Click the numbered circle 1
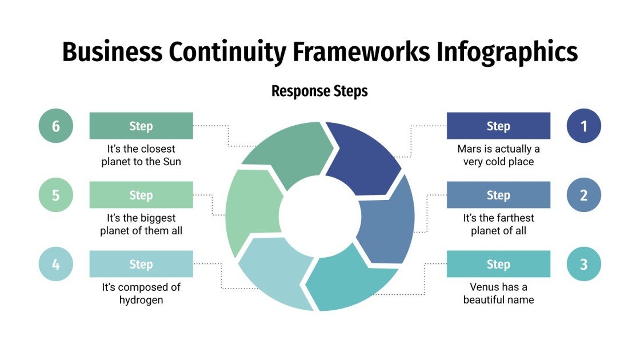(x=583, y=126)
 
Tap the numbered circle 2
(x=583, y=195)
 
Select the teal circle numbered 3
(x=583, y=264)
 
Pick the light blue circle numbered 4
(x=56, y=264)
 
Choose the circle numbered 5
(x=56, y=195)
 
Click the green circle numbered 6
(x=56, y=126)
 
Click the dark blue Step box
(x=498, y=126)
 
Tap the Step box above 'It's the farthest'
(x=498, y=195)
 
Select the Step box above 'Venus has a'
(x=498, y=264)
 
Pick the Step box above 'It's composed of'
(x=141, y=264)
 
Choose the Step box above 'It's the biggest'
(x=141, y=195)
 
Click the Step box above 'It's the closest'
(x=141, y=126)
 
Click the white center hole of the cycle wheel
(x=318, y=215)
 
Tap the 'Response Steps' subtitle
(x=319, y=91)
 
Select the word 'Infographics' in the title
(x=507, y=52)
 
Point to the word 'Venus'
(x=484, y=287)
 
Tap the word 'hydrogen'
(x=141, y=300)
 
